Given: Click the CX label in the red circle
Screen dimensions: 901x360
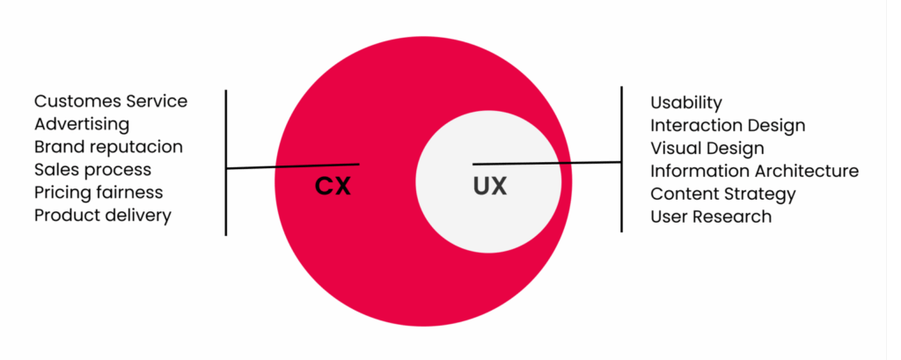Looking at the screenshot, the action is [x=333, y=187].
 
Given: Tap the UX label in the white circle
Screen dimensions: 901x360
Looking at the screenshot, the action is [x=490, y=187].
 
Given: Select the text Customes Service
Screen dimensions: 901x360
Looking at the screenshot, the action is [x=111, y=101].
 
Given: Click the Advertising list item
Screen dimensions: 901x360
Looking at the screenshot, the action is [x=82, y=124].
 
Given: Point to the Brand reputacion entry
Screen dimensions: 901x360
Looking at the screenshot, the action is [x=108, y=147].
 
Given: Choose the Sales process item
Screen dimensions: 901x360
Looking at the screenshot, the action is [x=93, y=170].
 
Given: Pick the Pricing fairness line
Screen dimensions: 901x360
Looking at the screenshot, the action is [x=99, y=193].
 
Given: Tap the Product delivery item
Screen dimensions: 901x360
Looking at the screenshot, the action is [x=103, y=216].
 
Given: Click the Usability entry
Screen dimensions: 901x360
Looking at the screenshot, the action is [x=686, y=103].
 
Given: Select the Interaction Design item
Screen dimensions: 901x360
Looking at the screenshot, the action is [x=728, y=125].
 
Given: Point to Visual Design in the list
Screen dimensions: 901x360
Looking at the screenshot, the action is [x=707, y=149].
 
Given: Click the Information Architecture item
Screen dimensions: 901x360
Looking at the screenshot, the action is [x=754, y=171].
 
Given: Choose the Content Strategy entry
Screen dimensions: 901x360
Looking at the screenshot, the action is [x=723, y=194].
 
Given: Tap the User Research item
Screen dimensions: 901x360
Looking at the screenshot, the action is [x=711, y=217].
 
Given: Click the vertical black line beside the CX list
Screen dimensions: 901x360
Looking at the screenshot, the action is [x=226, y=163].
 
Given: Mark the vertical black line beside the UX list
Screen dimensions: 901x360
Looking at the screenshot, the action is [x=621, y=159].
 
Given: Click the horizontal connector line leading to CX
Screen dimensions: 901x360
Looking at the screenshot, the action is [x=293, y=166].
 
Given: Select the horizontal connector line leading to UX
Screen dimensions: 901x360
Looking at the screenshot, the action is [x=547, y=164].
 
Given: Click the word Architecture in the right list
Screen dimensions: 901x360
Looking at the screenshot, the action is [x=807, y=171].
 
